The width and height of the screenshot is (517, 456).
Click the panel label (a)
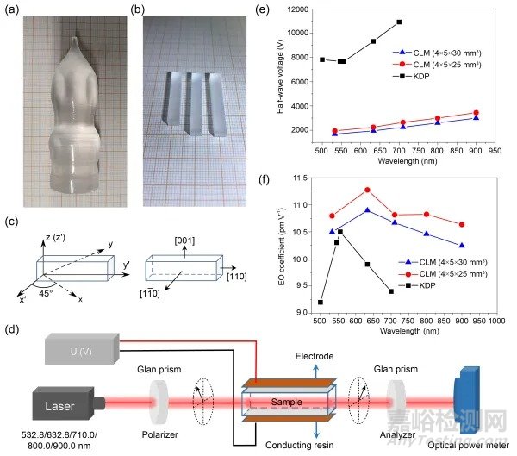[x=15, y=12]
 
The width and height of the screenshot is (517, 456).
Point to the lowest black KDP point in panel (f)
[x=321, y=302]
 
